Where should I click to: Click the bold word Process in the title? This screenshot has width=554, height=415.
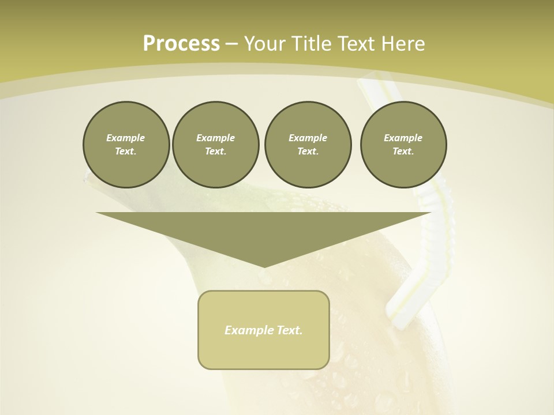181,44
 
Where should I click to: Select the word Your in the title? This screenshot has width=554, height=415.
263,44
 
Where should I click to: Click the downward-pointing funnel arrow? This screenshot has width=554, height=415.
264,231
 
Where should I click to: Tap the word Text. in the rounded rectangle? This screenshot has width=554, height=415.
289,330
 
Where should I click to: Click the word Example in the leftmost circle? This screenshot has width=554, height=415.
126,138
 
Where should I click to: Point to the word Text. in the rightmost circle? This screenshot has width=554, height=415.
403,152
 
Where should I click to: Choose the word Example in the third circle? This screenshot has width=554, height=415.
308,138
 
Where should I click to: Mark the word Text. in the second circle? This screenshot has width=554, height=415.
216,152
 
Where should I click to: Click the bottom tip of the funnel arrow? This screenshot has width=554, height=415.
264,266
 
